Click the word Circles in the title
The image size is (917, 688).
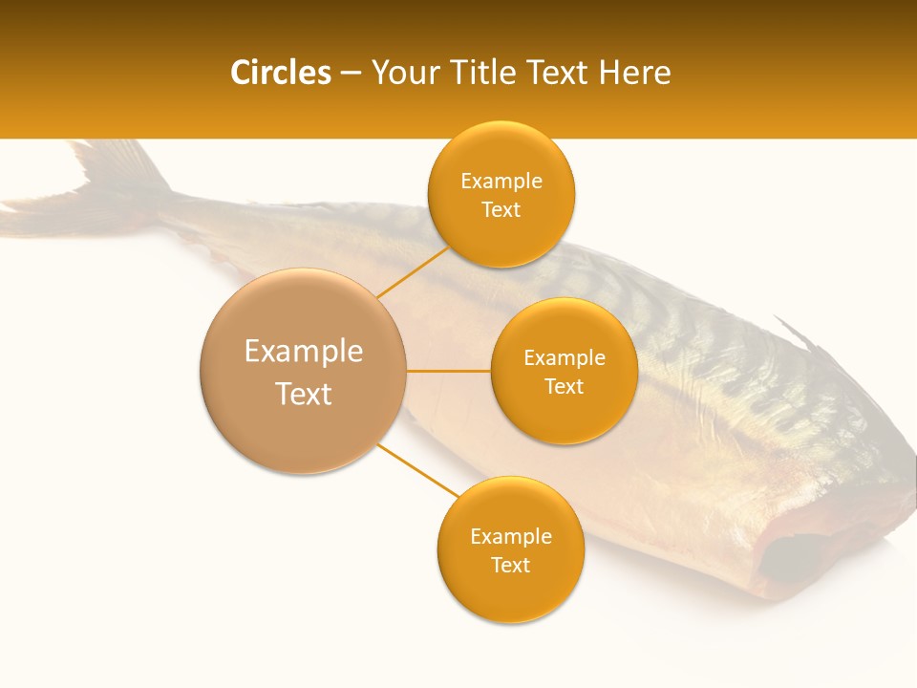(x=281, y=73)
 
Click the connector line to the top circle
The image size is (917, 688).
(x=413, y=272)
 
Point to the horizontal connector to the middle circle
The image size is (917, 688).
(x=448, y=371)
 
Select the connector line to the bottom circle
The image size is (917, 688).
(x=418, y=469)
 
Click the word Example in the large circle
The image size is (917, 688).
(x=303, y=351)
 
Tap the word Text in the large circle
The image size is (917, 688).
(x=303, y=394)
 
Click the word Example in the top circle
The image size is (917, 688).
(x=501, y=181)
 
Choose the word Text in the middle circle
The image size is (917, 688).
(x=564, y=386)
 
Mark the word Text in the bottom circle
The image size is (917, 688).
(x=510, y=565)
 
